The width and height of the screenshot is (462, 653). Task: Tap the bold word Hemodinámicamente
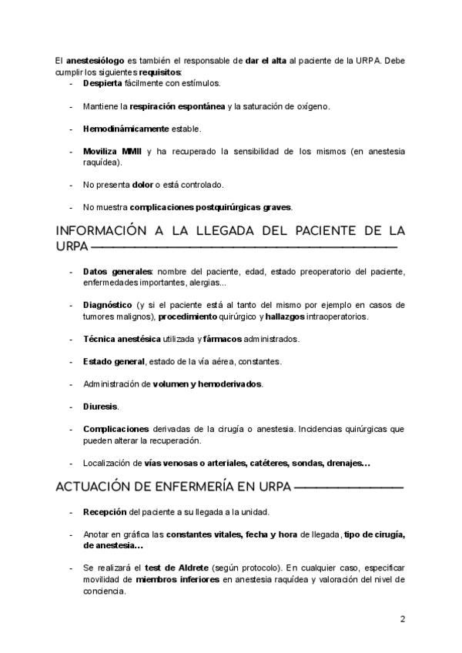coord(126,128)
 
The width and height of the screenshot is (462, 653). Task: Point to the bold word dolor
coord(143,185)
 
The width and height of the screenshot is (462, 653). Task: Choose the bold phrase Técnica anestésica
coord(122,339)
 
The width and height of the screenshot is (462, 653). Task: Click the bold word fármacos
coord(224,339)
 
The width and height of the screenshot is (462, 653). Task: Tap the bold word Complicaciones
coord(115,429)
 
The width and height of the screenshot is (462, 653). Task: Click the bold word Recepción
coord(105,512)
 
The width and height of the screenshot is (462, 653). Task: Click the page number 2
coord(402,619)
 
